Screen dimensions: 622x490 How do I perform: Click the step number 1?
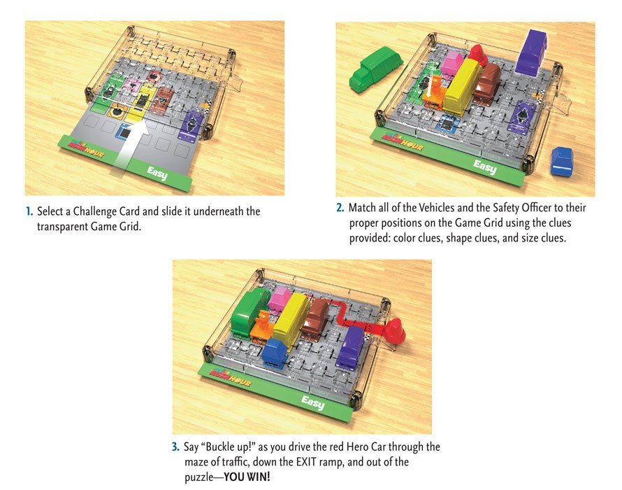(29, 211)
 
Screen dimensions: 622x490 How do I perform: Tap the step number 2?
(340, 208)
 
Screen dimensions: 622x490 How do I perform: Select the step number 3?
(175, 447)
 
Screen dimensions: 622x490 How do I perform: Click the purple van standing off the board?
(532, 52)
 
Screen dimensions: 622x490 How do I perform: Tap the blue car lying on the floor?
(562, 160)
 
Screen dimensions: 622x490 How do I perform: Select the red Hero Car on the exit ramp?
(395, 330)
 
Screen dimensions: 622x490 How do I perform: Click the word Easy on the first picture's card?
(157, 173)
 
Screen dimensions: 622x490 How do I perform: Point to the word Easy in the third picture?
(312, 402)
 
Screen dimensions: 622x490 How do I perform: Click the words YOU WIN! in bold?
(247, 477)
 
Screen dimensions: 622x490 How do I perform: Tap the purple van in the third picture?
(350, 346)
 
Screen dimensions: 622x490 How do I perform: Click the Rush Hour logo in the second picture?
(402, 141)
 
